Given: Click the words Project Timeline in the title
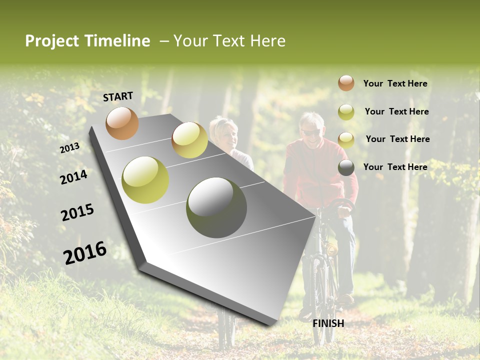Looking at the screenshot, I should (x=87, y=41).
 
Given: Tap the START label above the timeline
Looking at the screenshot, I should (x=118, y=96).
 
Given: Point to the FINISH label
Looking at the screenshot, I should (x=328, y=323).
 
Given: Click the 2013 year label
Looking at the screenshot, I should (x=70, y=148).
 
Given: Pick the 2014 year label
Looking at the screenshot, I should (x=73, y=177).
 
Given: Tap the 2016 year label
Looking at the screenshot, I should (x=84, y=253).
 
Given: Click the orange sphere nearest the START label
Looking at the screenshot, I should (x=122, y=123).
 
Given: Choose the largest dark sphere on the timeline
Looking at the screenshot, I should (x=216, y=207).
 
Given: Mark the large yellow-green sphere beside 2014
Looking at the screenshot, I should (x=145, y=180).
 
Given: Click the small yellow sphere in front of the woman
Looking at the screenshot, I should (x=189, y=140).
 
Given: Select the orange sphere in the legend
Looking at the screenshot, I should (x=346, y=83).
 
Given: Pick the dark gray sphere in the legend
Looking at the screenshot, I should (x=346, y=168).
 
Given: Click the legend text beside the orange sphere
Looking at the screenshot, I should (x=395, y=83).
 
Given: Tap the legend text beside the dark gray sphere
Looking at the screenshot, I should (x=395, y=167).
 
